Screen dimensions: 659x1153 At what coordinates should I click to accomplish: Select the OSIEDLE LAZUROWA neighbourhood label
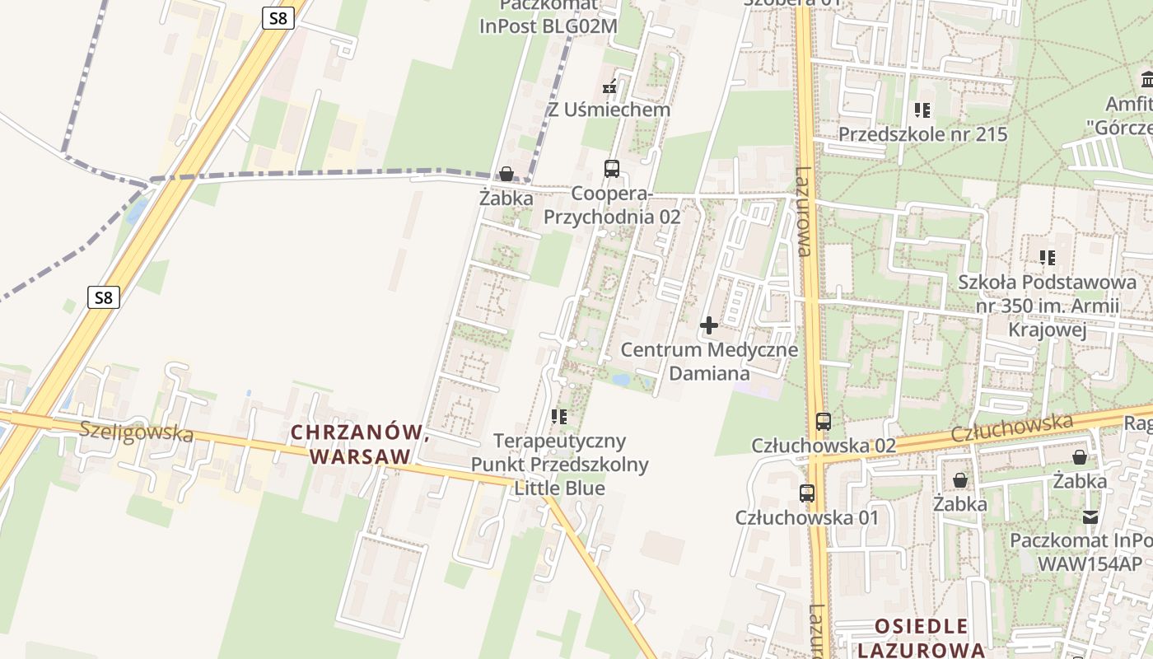(921, 638)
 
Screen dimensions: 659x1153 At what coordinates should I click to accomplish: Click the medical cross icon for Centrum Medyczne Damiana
(708, 325)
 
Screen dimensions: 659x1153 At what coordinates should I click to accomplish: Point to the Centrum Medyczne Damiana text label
(709, 361)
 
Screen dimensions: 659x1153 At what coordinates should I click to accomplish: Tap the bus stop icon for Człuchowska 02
(823, 422)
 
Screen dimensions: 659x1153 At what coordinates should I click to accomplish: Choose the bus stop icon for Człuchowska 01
(807, 493)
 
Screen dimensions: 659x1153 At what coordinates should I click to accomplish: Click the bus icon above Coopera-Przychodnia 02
(611, 169)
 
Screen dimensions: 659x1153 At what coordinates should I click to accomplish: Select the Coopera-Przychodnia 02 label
(612, 205)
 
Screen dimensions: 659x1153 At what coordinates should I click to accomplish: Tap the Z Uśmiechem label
(609, 110)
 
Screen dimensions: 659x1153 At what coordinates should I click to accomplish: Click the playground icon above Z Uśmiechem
(609, 86)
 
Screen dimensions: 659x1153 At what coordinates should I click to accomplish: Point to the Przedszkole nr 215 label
(922, 133)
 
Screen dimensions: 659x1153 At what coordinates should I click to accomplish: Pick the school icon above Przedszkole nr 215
(922, 110)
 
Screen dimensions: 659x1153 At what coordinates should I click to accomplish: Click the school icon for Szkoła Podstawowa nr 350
(1048, 258)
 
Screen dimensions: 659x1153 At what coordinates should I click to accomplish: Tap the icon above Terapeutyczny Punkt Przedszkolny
(559, 417)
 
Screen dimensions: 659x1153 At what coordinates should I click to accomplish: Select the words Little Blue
(559, 488)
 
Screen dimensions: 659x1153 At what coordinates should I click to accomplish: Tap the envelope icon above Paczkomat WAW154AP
(1090, 517)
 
